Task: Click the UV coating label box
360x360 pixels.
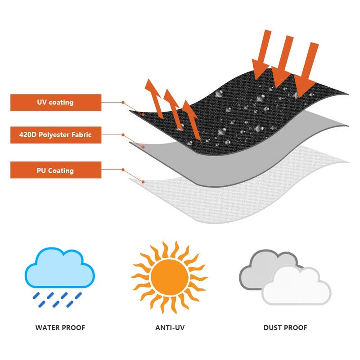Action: pos(56,103)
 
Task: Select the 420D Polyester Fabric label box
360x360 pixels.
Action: pos(56,135)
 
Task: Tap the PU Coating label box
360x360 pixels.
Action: pos(56,170)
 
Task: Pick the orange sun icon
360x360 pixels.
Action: pos(170,277)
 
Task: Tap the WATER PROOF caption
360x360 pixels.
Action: pos(60,328)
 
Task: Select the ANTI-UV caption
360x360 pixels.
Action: pos(170,328)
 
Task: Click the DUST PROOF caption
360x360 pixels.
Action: pos(285,328)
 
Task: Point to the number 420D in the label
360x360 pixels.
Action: pos(28,135)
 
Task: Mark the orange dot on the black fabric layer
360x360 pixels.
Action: pos(143,114)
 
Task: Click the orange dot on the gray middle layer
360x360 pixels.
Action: pos(143,147)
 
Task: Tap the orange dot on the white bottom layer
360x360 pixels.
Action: pos(143,182)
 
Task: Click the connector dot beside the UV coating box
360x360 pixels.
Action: pos(123,103)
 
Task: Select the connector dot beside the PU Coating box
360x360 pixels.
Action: pos(123,170)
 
